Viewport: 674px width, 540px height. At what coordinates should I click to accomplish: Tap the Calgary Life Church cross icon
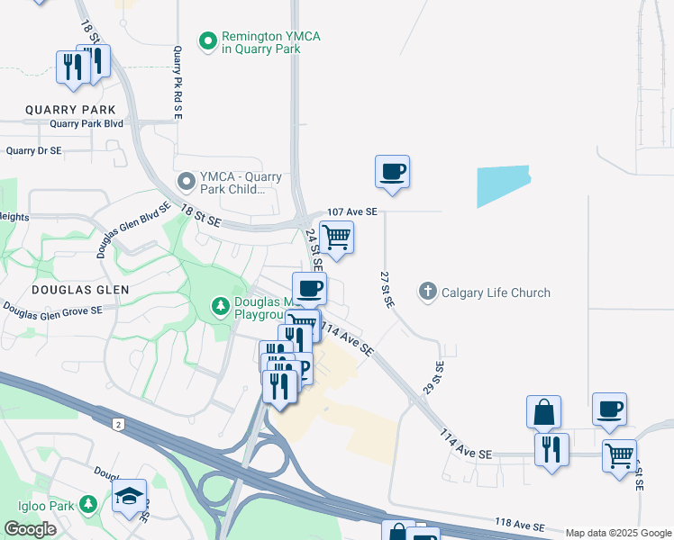tap(428, 292)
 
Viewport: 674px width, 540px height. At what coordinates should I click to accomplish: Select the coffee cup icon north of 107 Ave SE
tap(392, 171)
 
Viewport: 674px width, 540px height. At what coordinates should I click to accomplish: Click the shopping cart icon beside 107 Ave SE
tap(336, 238)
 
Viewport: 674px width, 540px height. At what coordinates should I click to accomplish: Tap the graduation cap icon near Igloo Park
tap(129, 496)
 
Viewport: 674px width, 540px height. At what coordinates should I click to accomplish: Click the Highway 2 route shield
tap(118, 423)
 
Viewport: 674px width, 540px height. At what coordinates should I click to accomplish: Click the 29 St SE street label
tap(433, 378)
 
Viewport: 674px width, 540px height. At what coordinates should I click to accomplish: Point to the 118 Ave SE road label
tap(520, 524)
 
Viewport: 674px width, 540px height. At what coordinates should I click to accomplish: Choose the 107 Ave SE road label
tap(352, 211)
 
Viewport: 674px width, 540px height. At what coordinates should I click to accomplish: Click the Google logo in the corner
tap(30, 529)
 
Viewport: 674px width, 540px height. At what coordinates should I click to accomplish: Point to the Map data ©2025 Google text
tap(618, 533)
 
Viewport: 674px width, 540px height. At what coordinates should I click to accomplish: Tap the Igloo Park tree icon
tap(88, 502)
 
